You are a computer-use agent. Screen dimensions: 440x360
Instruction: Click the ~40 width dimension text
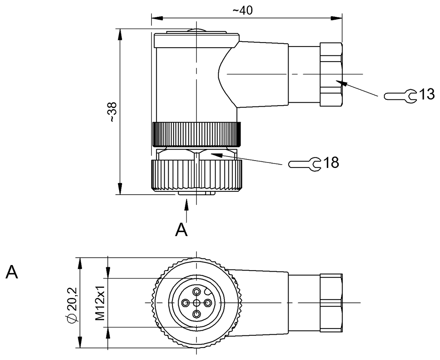click(x=242, y=10)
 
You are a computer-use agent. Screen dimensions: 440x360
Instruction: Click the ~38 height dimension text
click(x=112, y=112)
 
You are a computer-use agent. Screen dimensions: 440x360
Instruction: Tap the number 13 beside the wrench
click(x=427, y=94)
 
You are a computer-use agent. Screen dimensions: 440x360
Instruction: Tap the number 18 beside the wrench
click(x=331, y=162)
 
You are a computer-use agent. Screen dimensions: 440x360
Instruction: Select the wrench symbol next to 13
click(x=400, y=96)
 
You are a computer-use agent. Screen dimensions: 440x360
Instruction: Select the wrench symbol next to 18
click(x=305, y=164)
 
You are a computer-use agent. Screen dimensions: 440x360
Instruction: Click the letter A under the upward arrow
click(x=181, y=229)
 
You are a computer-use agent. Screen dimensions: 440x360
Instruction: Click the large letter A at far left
click(x=12, y=272)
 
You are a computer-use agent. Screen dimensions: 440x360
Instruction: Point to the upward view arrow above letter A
click(x=187, y=211)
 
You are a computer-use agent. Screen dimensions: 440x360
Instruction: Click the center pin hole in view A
click(x=196, y=303)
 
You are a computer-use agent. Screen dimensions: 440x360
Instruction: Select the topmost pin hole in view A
click(x=197, y=291)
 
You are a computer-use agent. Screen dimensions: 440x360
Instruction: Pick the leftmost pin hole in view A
click(x=186, y=303)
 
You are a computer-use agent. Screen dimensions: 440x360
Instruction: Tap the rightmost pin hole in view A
click(x=208, y=303)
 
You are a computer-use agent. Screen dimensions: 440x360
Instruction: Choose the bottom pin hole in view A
click(x=197, y=314)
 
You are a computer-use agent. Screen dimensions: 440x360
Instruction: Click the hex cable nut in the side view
click(x=331, y=74)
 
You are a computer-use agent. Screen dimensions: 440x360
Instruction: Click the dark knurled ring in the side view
click(x=197, y=134)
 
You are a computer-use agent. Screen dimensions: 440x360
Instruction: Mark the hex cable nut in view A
click(x=331, y=303)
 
